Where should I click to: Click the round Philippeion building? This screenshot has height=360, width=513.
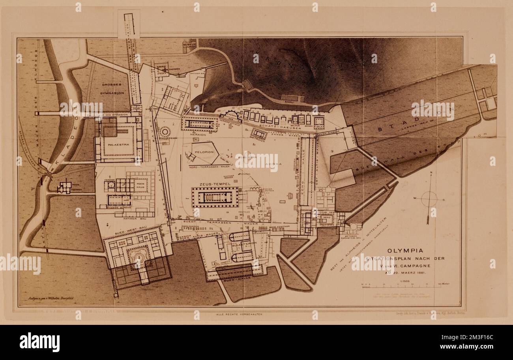tap(165, 131)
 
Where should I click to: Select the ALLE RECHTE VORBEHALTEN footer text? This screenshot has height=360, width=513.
tap(239, 314)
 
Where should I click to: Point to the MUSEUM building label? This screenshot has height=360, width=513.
tap(189, 44)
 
